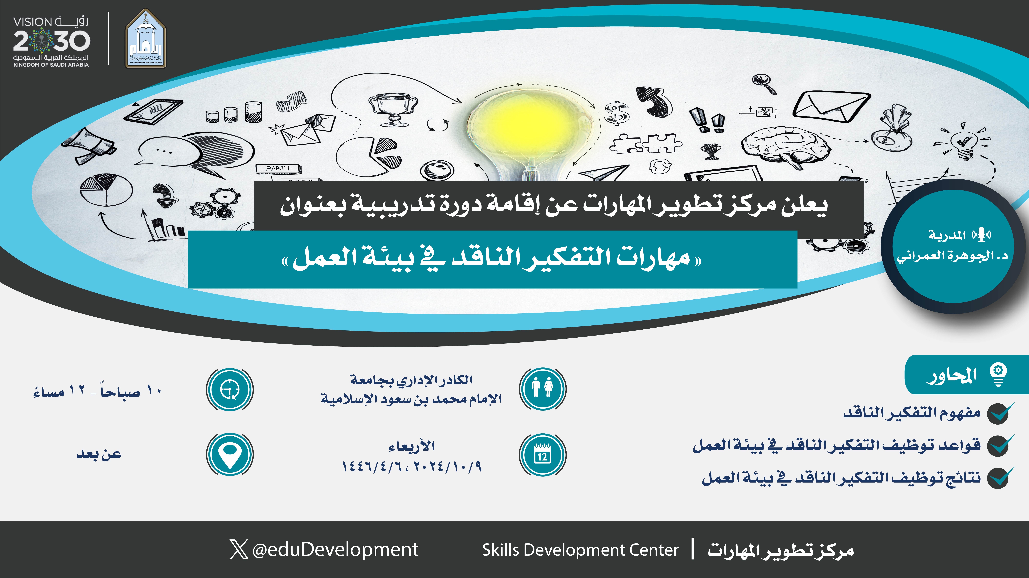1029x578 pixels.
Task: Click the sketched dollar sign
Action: tap(616, 113)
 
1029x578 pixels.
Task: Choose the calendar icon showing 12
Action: tap(542, 455)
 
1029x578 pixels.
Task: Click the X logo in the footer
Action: tap(239, 550)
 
